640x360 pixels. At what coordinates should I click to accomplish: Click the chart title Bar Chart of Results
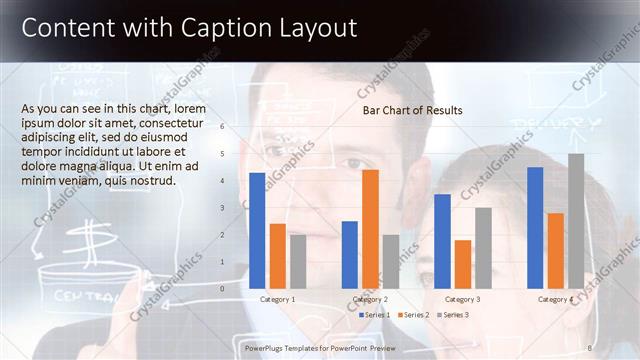[412, 110]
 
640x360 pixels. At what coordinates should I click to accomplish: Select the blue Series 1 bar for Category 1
[257, 230]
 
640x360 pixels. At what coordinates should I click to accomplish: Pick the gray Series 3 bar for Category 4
[576, 220]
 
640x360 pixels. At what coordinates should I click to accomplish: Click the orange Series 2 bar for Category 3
[462, 263]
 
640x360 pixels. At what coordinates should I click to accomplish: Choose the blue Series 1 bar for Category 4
[535, 227]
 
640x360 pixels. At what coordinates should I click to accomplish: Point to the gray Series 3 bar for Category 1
[298, 261]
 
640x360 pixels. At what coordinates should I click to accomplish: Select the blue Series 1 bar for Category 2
[349, 254]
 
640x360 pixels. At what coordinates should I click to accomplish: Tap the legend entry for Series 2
[413, 315]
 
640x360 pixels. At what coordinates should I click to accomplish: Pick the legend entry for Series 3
[451, 315]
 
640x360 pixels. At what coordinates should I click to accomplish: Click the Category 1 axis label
[277, 299]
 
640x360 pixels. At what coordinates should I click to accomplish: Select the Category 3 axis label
[462, 299]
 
